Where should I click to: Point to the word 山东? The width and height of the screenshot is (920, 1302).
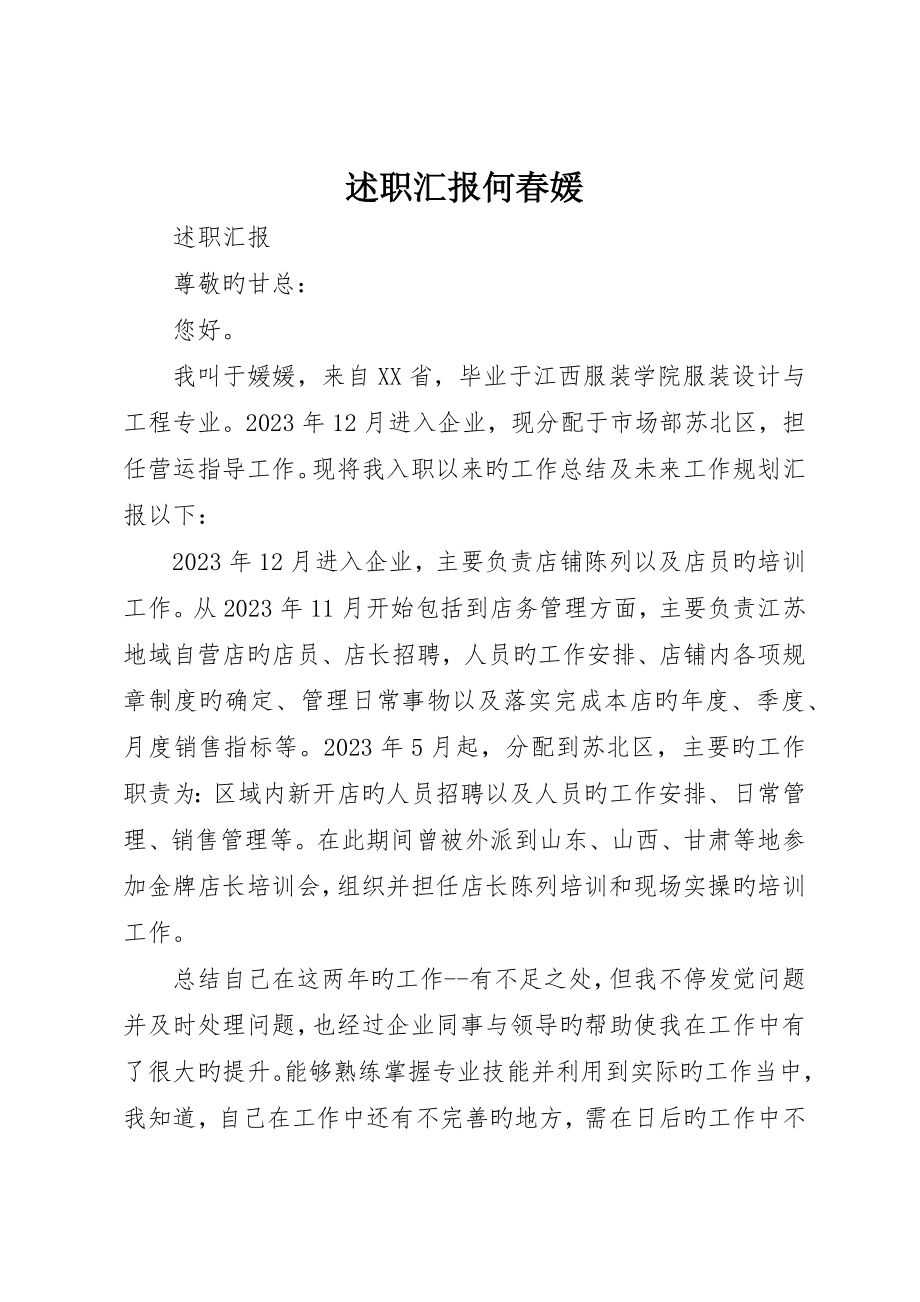tap(542, 839)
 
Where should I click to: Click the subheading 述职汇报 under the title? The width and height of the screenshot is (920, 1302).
tap(222, 239)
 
